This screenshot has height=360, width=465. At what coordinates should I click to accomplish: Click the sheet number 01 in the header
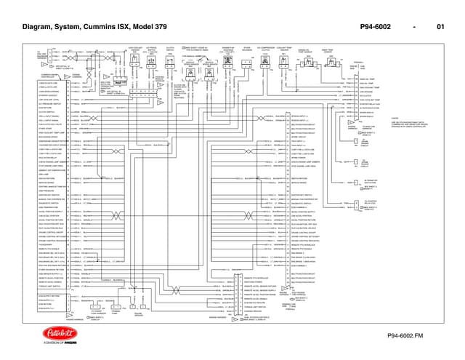tap(440, 28)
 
